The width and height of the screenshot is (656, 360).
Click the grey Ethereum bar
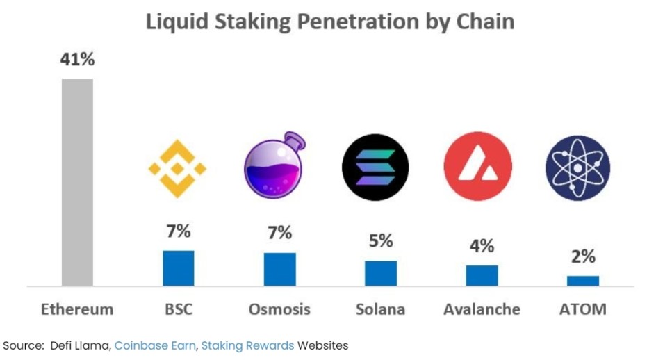(x=77, y=181)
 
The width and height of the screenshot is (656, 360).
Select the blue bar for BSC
(x=179, y=268)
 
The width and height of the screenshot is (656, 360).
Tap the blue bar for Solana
(x=381, y=273)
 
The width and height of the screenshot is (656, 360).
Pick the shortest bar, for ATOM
(x=582, y=280)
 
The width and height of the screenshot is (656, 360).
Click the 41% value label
(x=77, y=60)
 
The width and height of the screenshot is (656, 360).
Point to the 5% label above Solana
(x=381, y=241)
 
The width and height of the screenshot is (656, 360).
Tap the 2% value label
(x=582, y=256)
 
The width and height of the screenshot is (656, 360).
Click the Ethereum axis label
(x=77, y=309)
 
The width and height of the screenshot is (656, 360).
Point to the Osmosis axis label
(x=279, y=309)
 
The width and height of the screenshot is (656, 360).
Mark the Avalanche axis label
(x=482, y=309)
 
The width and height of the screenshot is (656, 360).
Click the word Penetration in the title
(x=347, y=22)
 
